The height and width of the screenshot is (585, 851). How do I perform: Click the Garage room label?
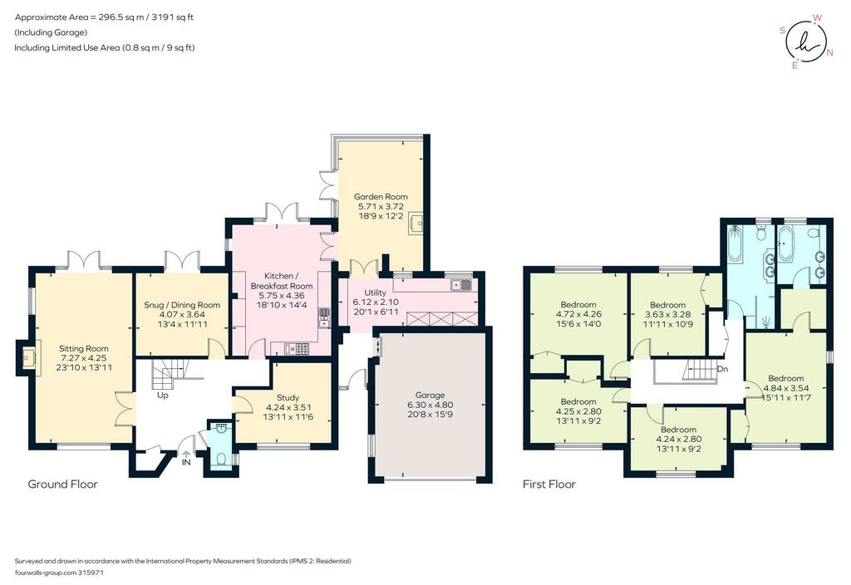(x=430, y=395)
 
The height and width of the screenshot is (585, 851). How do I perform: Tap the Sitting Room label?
(x=84, y=348)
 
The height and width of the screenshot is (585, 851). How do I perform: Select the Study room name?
(x=288, y=398)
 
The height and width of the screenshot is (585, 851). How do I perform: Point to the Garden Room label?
(x=381, y=196)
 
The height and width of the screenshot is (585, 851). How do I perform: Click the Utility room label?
(x=375, y=292)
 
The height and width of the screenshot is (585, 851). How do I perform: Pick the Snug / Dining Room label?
(x=182, y=305)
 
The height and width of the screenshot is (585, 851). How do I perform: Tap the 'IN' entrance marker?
(x=186, y=462)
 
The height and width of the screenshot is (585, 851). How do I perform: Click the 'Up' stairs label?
(x=162, y=396)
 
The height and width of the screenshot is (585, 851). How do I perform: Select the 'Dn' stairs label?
(x=722, y=369)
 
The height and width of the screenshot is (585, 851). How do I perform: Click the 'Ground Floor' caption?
(x=62, y=484)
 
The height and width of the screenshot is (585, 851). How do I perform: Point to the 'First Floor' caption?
(x=548, y=484)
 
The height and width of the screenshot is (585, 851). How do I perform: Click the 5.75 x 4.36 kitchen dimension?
(x=282, y=296)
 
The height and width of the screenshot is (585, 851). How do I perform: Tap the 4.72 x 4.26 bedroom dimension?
(x=578, y=314)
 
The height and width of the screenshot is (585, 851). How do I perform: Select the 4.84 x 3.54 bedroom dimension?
(x=786, y=388)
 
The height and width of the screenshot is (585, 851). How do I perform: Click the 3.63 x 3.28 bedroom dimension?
(x=667, y=315)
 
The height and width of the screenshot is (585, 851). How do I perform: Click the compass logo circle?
(x=806, y=42)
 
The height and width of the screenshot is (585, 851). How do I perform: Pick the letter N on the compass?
(x=829, y=52)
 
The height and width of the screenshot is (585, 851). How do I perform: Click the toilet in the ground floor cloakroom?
(x=221, y=460)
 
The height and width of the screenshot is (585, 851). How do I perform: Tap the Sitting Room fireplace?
(x=27, y=357)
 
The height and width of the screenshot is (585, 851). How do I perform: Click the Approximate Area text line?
(x=104, y=17)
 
